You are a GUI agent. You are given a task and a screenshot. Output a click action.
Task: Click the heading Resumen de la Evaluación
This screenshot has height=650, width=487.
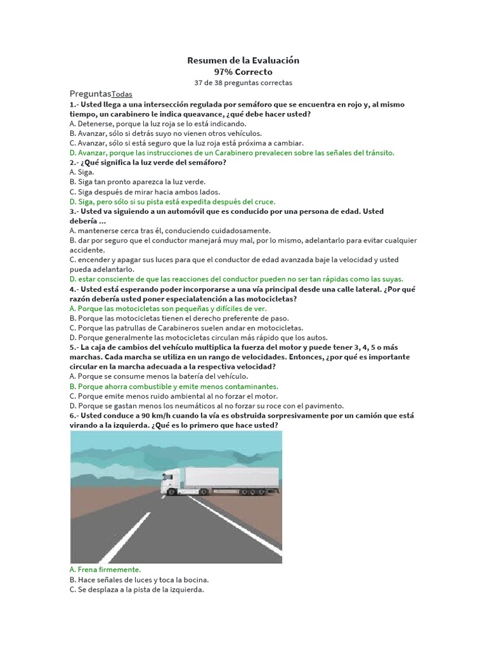243,60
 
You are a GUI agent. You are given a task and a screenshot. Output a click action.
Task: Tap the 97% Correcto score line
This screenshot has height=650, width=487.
243,72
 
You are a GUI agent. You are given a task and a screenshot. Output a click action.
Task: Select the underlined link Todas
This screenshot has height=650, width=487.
122,94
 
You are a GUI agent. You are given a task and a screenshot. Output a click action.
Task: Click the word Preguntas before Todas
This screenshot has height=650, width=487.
90,93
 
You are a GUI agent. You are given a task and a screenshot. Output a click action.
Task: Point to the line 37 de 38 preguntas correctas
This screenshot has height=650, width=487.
243,83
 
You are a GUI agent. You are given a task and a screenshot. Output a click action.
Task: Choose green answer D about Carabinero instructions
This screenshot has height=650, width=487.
232,152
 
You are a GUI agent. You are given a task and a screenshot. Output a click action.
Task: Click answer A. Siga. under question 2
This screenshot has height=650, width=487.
82,172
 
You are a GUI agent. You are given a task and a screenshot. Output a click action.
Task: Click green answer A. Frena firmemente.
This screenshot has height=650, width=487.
105,570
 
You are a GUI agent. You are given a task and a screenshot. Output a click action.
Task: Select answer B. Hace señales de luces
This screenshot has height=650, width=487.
139,580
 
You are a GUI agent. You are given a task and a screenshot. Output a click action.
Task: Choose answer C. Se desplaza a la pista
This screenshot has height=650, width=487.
137,590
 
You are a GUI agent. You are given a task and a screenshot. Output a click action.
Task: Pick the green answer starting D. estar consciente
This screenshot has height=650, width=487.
237,279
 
